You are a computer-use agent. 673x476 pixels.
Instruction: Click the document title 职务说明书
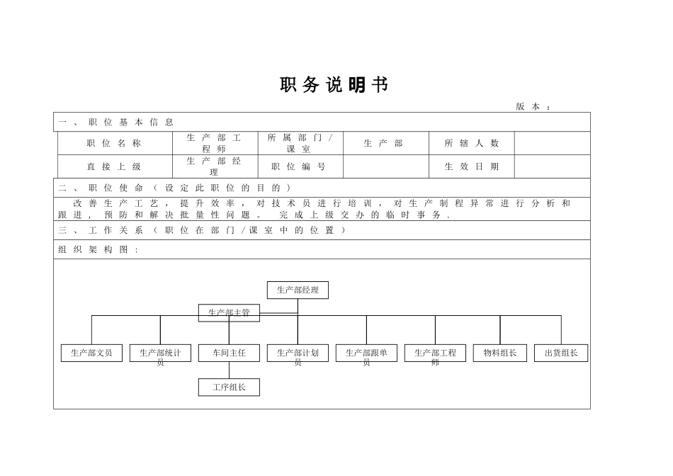pos(334,86)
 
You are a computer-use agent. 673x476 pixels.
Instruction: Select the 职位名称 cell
pos(114,143)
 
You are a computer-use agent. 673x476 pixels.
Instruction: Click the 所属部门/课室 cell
pos(299,143)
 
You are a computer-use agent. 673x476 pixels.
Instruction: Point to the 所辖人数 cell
pos(471,143)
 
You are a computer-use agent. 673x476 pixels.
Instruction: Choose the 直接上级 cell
pos(114,166)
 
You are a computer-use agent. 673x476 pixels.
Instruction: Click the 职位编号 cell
pos(299,166)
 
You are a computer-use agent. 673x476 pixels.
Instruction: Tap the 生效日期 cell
pos(471,166)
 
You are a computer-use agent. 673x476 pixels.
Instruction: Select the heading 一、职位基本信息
pos(116,122)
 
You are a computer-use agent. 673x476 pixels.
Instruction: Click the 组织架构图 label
pos(98,249)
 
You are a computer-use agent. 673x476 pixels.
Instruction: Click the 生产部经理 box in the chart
pos(298,290)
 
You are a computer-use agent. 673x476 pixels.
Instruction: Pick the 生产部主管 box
pos(229,312)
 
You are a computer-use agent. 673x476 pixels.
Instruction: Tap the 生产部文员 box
pos(91,353)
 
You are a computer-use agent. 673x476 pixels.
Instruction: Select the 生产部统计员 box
pos(160,353)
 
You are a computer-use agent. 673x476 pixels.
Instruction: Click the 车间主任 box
pos(229,353)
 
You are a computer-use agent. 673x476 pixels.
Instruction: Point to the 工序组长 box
pos(229,387)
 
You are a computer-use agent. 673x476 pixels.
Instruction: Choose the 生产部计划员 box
pos(298,353)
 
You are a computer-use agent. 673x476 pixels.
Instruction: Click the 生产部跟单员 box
pos(366,353)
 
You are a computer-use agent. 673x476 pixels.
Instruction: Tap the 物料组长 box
pos(500,353)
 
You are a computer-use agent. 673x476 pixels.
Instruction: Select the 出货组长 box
pos(561,353)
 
